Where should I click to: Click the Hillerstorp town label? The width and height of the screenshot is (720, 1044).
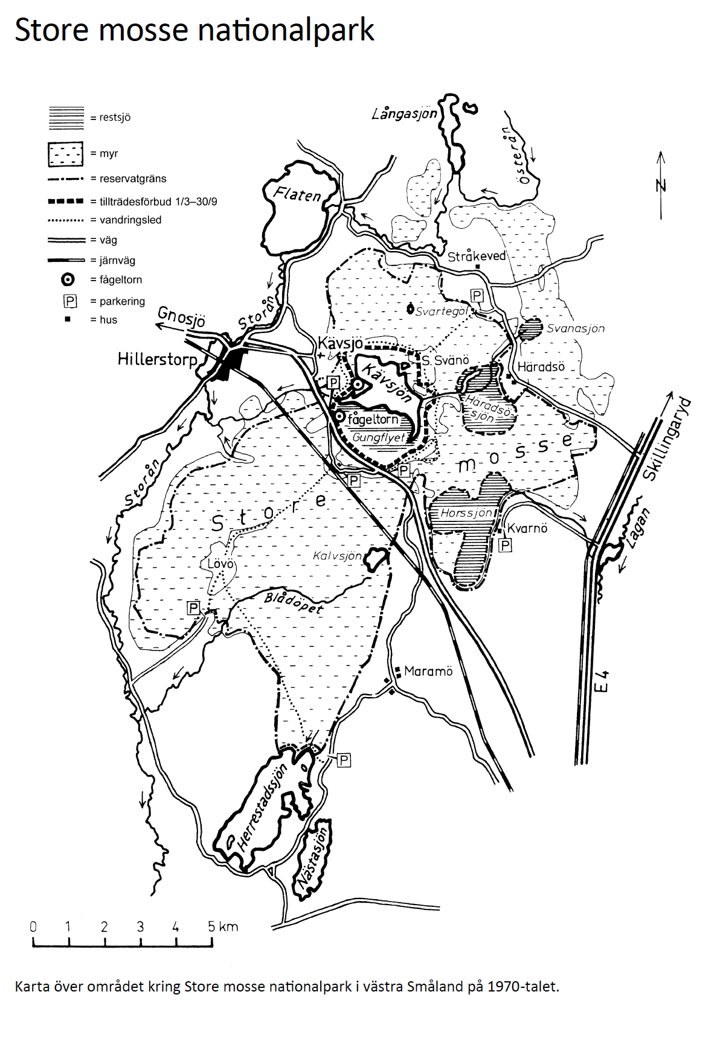[x=157, y=360]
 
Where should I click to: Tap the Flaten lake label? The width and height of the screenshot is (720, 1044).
[x=297, y=194]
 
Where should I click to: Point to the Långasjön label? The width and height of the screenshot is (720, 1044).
[x=404, y=113]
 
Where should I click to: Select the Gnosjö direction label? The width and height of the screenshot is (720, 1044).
[x=181, y=316]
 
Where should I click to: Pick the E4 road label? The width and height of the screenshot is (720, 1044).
[x=602, y=681]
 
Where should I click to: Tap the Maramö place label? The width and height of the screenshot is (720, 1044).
[x=428, y=671]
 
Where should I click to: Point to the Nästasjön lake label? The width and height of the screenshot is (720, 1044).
[x=313, y=859]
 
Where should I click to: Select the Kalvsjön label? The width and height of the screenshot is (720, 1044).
[x=337, y=556]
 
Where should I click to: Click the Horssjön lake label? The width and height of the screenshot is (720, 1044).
[x=466, y=514]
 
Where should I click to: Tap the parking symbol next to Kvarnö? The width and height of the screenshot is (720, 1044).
[x=505, y=546]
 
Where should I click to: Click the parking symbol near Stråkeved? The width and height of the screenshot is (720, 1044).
[x=477, y=296]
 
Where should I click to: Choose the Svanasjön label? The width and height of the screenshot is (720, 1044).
[x=575, y=328]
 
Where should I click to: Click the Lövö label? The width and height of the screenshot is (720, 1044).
[x=220, y=564]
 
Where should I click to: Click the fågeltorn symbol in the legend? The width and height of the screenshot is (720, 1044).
[x=68, y=279]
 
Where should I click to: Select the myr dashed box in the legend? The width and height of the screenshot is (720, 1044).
[x=66, y=154]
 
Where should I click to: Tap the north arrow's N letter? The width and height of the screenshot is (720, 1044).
[x=661, y=185]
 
